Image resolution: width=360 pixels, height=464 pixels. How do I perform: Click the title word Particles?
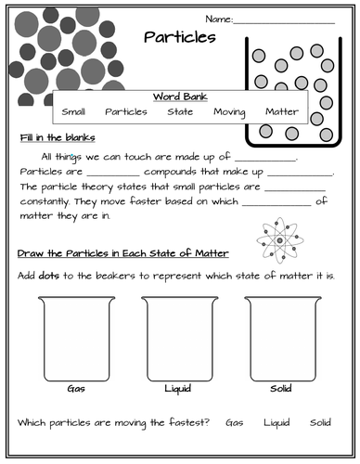[180, 38]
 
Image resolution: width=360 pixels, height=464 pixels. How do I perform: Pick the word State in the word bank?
[180, 112]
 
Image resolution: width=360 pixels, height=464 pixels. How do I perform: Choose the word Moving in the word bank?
[229, 112]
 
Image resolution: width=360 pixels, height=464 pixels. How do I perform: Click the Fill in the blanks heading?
[52, 137]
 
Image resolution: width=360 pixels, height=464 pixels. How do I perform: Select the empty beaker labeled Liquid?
[177, 336]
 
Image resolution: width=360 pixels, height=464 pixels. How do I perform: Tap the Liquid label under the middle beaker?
[177, 388]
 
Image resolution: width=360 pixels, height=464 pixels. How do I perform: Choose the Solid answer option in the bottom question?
[320, 422]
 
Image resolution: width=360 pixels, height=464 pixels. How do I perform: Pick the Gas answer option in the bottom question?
[235, 422]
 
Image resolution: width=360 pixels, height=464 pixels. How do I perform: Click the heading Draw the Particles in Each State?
[123, 254]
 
